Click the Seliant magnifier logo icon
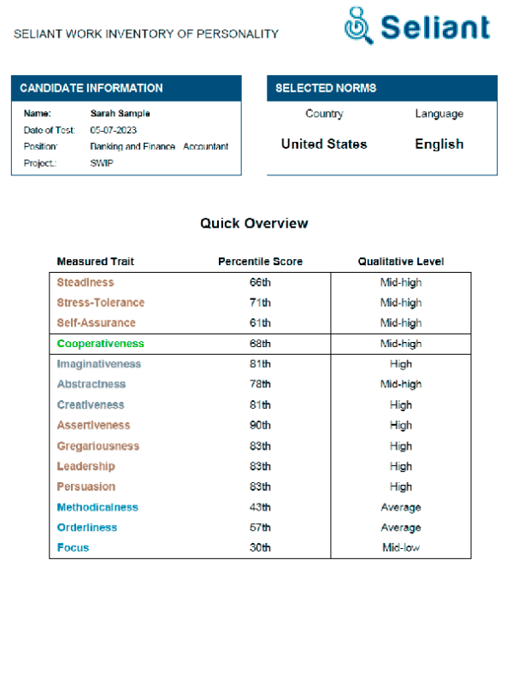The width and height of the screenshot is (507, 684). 358,27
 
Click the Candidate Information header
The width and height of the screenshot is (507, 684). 91,88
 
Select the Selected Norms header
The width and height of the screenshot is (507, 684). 326,88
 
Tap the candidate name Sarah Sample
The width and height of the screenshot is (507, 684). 121,113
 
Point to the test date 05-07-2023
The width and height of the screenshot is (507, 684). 113,130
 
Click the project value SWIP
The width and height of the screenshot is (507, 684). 101,162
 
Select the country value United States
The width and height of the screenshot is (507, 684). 324,144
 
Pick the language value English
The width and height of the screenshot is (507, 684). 439,144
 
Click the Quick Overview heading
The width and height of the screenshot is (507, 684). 254,223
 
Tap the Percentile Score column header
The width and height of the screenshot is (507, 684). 260,262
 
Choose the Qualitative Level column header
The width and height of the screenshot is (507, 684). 400,262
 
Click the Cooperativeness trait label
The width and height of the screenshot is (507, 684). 101,344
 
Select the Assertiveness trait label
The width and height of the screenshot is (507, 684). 94,425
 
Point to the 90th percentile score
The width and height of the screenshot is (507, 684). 261,425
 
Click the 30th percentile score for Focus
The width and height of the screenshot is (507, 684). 261,548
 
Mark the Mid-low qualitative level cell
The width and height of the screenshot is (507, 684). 400,548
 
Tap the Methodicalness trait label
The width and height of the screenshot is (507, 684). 97,507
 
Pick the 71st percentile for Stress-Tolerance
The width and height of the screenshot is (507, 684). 261,303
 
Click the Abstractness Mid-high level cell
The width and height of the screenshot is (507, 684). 400,385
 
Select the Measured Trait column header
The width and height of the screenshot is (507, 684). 95,262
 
